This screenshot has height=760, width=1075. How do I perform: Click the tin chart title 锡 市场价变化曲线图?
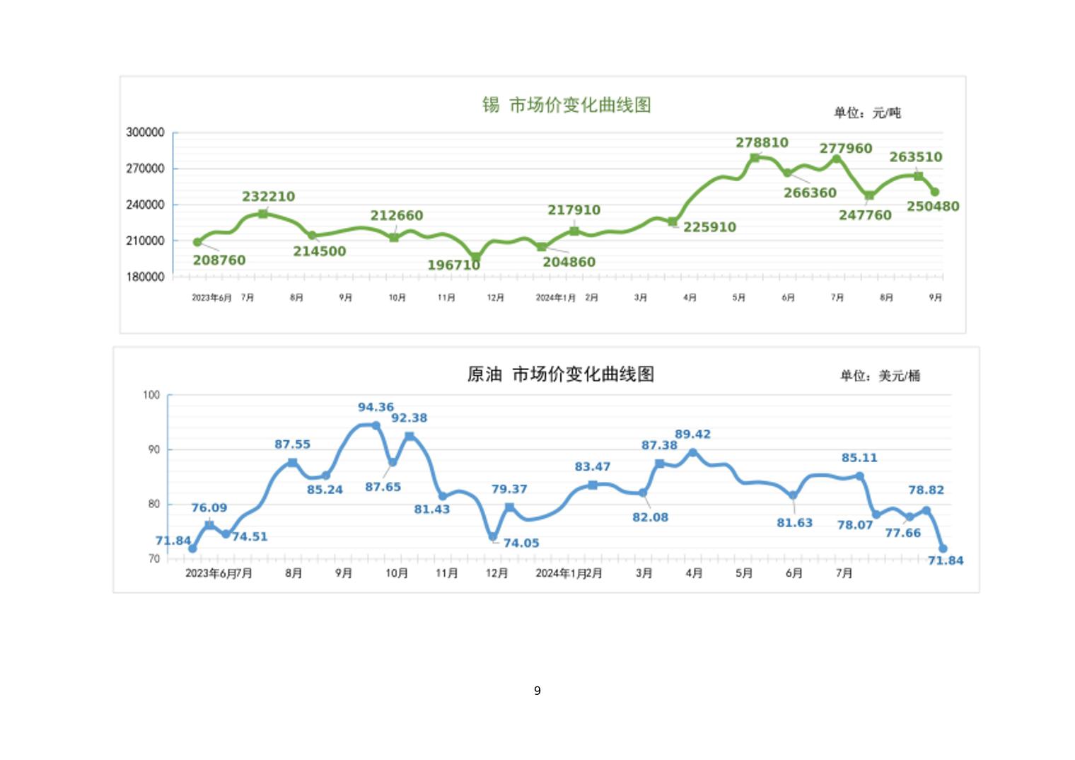coord(566,105)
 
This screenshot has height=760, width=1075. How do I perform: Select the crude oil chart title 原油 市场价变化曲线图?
coord(560,374)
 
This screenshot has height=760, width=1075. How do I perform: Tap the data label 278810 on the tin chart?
coord(762,143)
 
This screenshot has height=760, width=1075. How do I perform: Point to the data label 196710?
coord(453,265)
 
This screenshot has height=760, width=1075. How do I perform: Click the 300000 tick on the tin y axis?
coord(145,132)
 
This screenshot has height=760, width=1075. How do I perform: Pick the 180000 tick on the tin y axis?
coord(145,277)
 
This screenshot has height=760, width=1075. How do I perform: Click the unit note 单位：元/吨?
coord(867,113)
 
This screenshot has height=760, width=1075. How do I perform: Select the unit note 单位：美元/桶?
coord(880,376)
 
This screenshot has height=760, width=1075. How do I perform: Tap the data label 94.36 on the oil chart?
coord(376,408)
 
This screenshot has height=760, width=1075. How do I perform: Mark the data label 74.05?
coord(521,543)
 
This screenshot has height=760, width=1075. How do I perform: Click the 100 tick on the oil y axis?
coord(151,395)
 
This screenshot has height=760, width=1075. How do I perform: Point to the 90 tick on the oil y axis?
coord(154,449)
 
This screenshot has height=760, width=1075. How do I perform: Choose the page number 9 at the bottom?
coord(537,691)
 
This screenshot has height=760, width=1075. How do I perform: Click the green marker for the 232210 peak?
coord(263,214)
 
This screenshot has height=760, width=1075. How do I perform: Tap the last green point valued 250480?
coord(935,192)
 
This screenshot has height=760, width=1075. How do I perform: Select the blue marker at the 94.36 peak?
coord(376,425)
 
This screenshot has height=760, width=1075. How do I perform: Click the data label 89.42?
coord(692,434)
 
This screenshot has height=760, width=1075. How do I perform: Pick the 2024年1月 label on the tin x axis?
coord(556,298)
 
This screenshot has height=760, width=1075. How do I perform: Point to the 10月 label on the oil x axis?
coord(397,573)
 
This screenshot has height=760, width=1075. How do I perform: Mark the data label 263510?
coord(915,157)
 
